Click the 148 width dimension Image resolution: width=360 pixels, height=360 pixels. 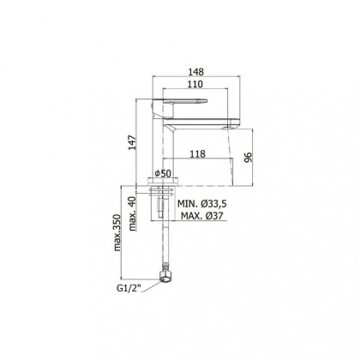click(196, 72)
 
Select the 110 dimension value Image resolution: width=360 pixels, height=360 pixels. click(195, 84)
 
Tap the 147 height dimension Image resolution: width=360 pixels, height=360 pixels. click(132, 142)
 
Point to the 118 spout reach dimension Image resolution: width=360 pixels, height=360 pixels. click(198, 154)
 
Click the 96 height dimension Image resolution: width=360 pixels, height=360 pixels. click(249, 158)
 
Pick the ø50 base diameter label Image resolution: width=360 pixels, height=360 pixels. click(162, 173)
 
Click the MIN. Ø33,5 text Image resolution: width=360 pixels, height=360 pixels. click(202, 204)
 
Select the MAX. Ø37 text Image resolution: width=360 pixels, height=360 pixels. click(202, 216)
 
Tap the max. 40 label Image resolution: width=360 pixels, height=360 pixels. click(132, 214)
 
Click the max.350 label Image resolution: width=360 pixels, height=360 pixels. click(117, 232)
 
